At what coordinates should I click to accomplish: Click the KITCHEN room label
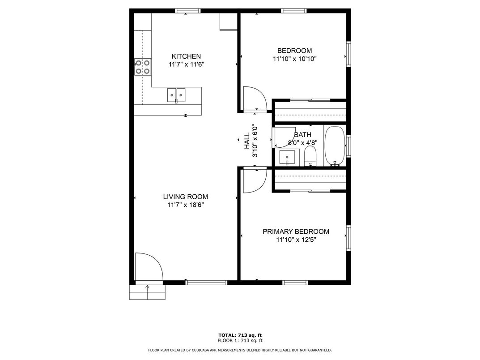[x=186, y=56]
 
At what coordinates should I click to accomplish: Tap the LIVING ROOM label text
[x=186, y=197]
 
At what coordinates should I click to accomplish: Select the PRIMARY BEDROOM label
[x=296, y=231]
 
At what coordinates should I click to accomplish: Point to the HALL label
[x=247, y=141]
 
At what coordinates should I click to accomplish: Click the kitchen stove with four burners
[x=143, y=67]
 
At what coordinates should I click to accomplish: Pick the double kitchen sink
[x=176, y=95]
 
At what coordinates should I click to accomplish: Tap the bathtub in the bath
[x=335, y=146]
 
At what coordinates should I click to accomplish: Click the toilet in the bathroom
[x=310, y=156]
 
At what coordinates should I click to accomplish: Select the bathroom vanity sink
[x=287, y=157]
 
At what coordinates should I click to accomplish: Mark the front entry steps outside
[x=147, y=292]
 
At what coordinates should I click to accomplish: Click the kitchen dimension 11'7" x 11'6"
[x=186, y=64]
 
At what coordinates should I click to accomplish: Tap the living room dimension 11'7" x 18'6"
[x=186, y=205]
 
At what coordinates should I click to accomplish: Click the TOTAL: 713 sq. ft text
[x=240, y=335]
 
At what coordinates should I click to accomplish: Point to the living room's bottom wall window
[x=206, y=283]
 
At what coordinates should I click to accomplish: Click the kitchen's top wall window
[x=188, y=11]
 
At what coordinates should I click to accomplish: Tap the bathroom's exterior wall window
[x=348, y=146]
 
